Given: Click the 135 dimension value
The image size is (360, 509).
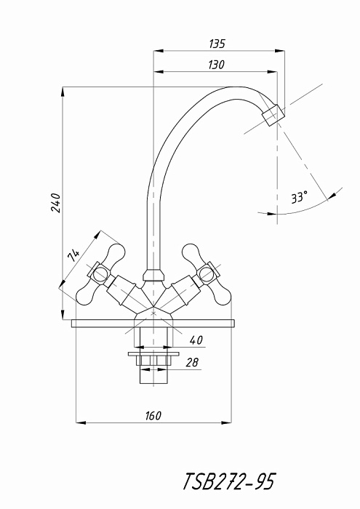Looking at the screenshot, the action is (217, 44).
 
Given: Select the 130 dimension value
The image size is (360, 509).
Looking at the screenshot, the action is (216, 65).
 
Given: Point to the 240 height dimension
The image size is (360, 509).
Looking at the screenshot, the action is (55, 203).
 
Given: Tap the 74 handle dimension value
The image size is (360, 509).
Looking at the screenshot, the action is (73, 255).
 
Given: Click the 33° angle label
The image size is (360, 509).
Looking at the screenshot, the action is (299, 197).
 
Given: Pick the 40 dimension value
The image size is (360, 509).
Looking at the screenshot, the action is (196, 340).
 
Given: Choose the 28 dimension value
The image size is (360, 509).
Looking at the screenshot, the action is (192, 362).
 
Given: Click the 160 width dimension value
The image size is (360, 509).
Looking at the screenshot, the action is (153, 416).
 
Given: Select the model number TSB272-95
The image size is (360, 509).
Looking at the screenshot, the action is (229, 481).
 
